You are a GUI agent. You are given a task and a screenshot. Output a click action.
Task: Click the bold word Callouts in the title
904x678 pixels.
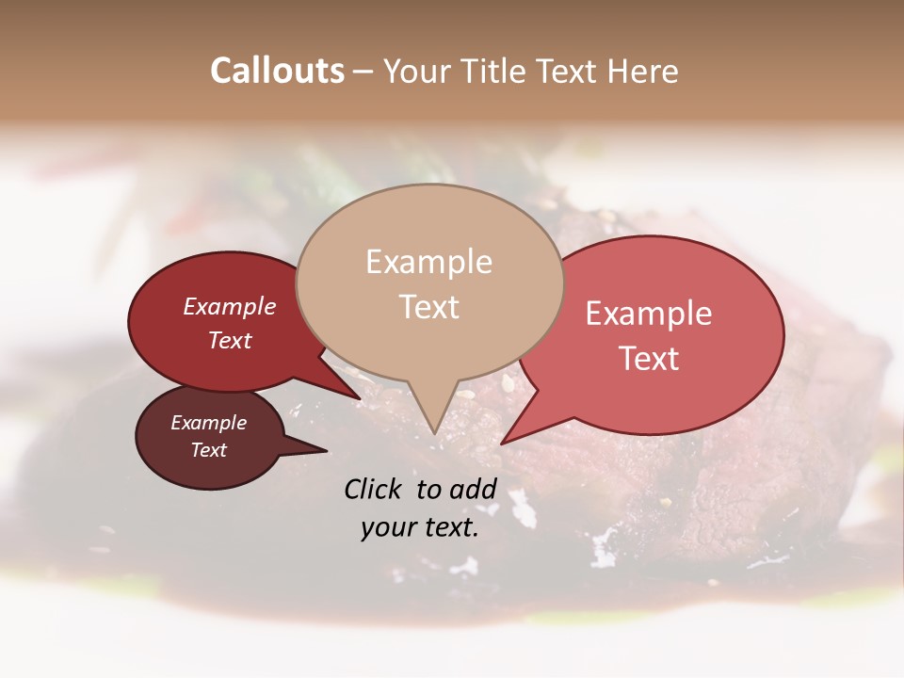pos(277,71)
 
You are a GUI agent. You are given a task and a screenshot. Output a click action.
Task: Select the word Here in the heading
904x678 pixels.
pos(645,71)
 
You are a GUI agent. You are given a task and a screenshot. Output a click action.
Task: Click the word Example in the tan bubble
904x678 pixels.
pos(428,262)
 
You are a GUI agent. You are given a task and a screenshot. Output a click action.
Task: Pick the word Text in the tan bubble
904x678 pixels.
pos(429,307)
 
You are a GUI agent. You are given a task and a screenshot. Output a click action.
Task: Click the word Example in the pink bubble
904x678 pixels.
pos(649,314)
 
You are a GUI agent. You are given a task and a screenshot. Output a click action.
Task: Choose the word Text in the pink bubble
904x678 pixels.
pos(649,359)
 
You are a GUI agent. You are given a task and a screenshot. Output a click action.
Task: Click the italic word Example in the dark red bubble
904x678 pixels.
pos(230,306)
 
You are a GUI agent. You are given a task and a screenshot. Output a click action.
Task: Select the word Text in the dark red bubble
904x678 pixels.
pos(230,340)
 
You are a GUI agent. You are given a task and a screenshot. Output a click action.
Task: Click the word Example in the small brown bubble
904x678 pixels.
pos(208,423)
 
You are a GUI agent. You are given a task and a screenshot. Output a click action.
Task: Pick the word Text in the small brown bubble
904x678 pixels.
pos(208,450)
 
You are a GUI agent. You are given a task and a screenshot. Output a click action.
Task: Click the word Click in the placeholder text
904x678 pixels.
pos(375,489)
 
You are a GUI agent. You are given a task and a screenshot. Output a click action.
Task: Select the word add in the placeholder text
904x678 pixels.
pos(474,489)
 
